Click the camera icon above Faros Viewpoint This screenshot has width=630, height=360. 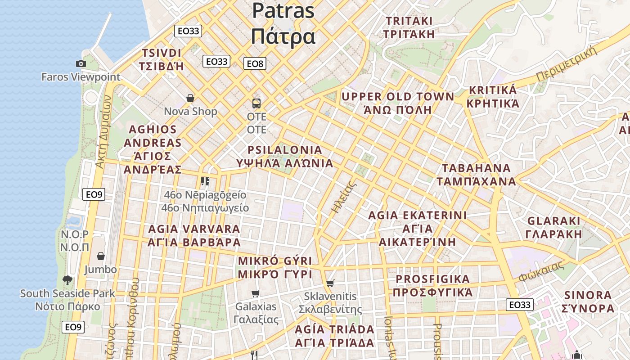point(81,64)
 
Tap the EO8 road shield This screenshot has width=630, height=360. point(255,63)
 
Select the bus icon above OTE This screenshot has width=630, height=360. point(256,103)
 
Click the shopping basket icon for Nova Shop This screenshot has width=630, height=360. point(190,98)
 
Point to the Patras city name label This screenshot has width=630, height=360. point(283,22)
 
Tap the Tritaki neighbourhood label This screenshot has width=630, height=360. point(409,27)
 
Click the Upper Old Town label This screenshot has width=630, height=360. point(398,103)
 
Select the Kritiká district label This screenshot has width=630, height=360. point(493,97)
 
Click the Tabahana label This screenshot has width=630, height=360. point(476,175)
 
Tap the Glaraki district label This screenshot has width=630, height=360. point(554,227)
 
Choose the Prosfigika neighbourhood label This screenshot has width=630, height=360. point(432,285)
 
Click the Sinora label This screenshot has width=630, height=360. point(588,301)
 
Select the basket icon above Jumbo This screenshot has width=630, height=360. point(101,256)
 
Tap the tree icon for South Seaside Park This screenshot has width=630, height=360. point(67,280)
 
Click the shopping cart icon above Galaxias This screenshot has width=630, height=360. point(256,294)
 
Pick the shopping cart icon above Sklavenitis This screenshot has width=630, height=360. point(330,283)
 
